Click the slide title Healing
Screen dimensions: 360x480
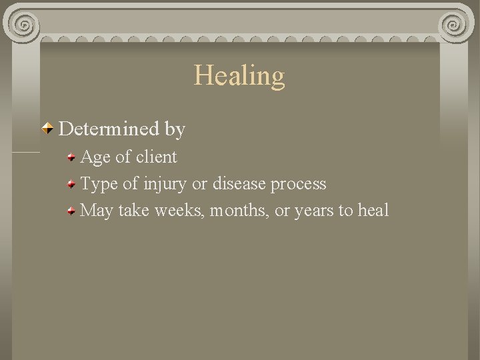coord(239,75)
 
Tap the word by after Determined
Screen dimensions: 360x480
coord(175,129)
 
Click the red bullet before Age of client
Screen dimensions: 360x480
coord(71,158)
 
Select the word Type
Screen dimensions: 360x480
coord(98,184)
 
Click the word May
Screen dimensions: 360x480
coord(97,211)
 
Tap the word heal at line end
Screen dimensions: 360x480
coord(373,211)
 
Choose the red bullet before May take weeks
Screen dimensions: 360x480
coord(71,211)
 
